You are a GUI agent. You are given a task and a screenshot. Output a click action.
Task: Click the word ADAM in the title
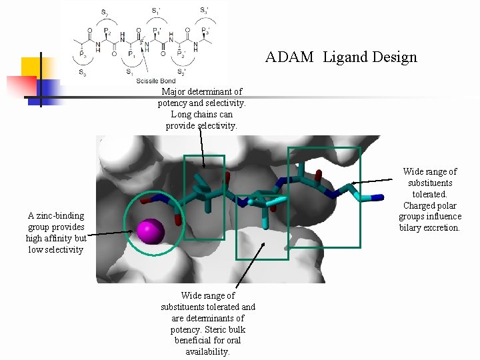(x=289, y=57)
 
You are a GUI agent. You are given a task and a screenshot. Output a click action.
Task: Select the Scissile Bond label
(x=155, y=81)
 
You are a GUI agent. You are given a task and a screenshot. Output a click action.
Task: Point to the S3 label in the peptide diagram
(x=82, y=71)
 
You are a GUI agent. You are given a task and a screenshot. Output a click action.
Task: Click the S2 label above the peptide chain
(x=105, y=11)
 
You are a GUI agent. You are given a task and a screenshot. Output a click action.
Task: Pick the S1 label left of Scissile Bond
(x=129, y=71)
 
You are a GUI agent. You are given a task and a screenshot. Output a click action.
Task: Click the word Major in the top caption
(x=174, y=91)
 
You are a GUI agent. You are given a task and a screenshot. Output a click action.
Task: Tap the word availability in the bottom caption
(x=207, y=351)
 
